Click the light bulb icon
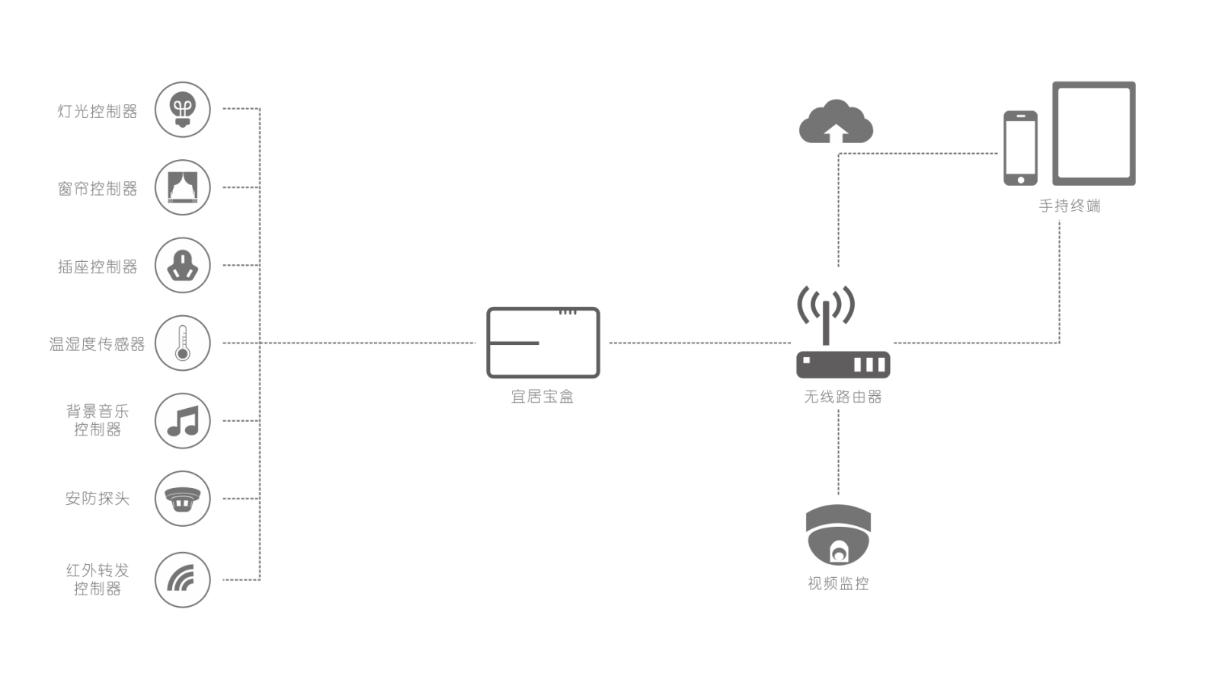coord(182,110)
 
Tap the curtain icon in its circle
coord(182,187)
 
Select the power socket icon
coord(182,265)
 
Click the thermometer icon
coord(182,343)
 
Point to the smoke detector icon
coord(182,499)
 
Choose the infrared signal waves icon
coord(181,579)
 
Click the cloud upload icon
coord(836,121)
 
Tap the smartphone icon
coord(1020,148)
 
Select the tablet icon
coord(1094,133)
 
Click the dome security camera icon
coord(838,534)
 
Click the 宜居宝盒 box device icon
coord(543,343)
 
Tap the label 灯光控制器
coord(98,111)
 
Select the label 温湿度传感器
coord(97,344)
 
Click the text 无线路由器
coord(843,397)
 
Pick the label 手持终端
coord(1070,206)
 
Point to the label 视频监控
coord(838,583)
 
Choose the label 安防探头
coord(98,498)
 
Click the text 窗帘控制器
coord(98,189)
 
